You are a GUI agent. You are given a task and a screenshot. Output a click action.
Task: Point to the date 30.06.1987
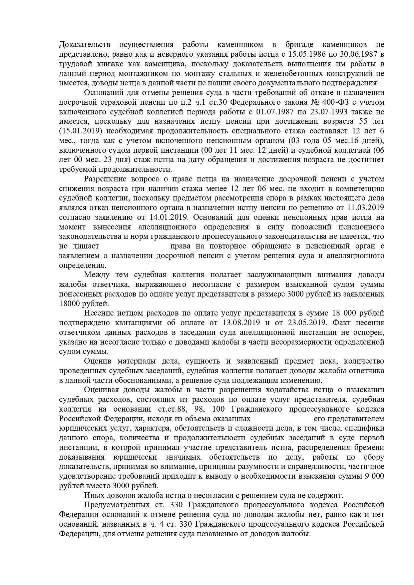361,54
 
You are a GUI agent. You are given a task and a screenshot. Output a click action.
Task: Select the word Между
97,275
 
